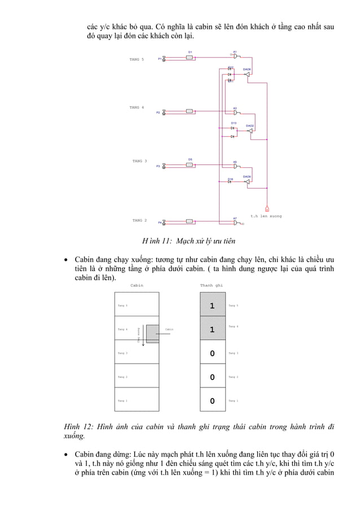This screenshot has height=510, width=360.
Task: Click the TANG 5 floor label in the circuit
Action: click(x=137, y=59)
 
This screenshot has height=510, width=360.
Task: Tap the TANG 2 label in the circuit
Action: click(x=139, y=220)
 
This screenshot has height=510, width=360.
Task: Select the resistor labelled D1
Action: click(x=190, y=57)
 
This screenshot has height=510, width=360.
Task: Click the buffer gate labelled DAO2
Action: click(x=249, y=130)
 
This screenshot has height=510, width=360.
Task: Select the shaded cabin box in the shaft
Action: click(x=153, y=334)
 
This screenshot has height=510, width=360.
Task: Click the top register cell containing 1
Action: click(x=212, y=306)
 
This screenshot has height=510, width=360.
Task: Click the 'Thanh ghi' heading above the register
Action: click(x=212, y=285)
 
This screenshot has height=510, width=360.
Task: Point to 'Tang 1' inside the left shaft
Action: click(x=122, y=401)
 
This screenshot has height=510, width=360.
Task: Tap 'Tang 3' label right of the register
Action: click(x=234, y=354)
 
